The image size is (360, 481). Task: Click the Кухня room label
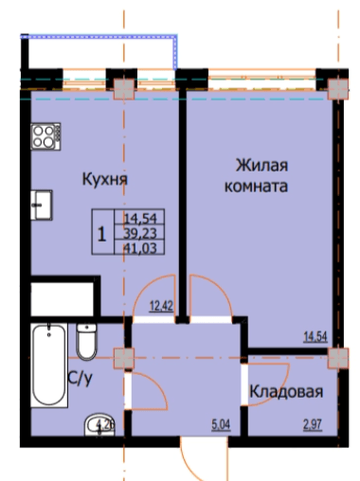(104, 177)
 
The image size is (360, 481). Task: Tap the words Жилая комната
(254, 176)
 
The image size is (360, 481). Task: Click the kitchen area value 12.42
(160, 305)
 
